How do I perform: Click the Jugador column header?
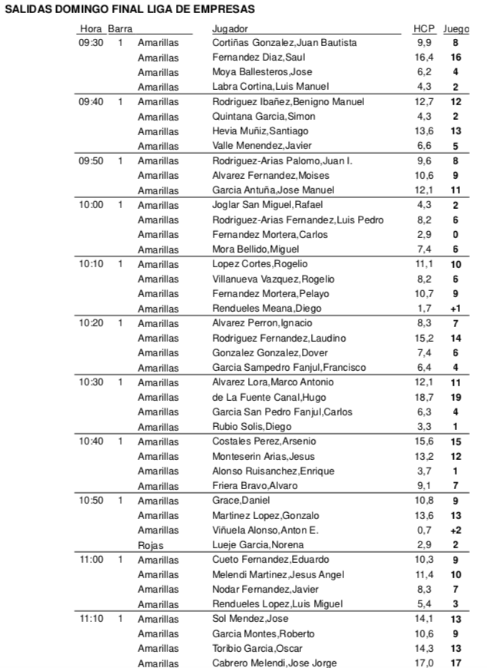click(x=229, y=28)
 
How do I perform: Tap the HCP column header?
click(x=423, y=28)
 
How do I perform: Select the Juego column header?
click(x=456, y=28)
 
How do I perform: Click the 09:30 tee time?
click(x=91, y=43)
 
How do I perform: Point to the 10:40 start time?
click(x=91, y=441)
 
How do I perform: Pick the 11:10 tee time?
click(x=91, y=619)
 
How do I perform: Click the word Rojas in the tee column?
click(x=151, y=545)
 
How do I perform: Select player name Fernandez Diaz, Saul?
click(x=259, y=58)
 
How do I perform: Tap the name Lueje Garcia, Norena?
click(x=253, y=545)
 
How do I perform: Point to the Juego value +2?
click(x=456, y=531)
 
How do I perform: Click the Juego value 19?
click(x=456, y=398)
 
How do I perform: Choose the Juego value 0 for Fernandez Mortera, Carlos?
click(x=456, y=235)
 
